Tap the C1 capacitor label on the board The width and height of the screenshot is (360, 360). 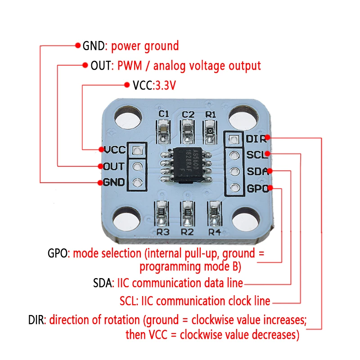[x=164, y=114]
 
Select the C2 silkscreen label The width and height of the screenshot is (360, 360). [x=188, y=114]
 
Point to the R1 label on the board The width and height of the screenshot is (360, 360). [x=211, y=114]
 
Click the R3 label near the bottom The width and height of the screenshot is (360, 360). [x=162, y=232]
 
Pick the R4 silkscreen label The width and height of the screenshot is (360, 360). [x=215, y=232]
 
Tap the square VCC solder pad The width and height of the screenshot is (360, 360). [x=137, y=150]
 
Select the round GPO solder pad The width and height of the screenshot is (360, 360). [x=233, y=188]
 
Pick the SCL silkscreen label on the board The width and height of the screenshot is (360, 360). [x=256, y=155]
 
